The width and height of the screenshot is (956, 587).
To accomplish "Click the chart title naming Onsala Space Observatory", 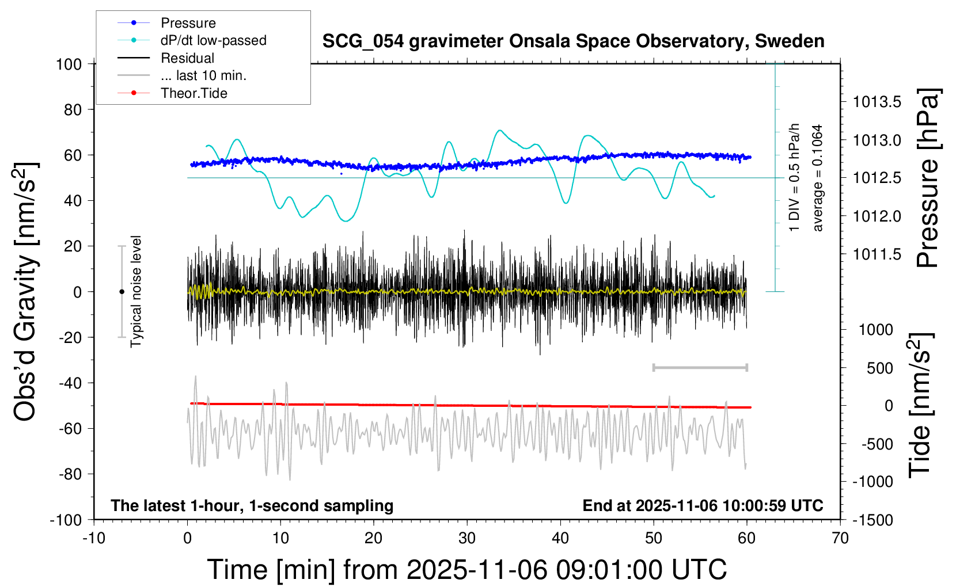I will (x=573, y=41).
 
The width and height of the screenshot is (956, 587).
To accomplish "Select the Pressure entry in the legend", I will (x=188, y=23).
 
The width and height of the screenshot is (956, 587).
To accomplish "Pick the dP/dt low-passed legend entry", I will (x=213, y=40).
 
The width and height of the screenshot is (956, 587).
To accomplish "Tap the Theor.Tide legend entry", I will (x=194, y=93).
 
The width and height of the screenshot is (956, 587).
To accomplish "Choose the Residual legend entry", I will (x=187, y=58).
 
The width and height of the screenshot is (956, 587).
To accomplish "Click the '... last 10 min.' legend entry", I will (x=203, y=75).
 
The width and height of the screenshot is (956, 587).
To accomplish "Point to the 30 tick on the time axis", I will (x=467, y=539).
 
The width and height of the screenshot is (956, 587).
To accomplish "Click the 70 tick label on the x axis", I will (x=840, y=539).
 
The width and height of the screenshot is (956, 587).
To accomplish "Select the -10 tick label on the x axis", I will (x=94, y=539).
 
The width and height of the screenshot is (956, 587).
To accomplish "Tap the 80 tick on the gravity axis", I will (x=73, y=109).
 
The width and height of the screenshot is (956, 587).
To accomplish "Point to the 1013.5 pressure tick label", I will (x=877, y=102).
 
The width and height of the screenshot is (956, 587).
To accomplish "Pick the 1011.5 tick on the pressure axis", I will (x=877, y=254).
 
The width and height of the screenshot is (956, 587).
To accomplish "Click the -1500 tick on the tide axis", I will (x=873, y=520).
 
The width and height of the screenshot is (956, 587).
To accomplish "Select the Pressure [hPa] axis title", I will (x=928, y=178).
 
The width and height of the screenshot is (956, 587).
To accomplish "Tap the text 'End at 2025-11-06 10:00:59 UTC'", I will (x=703, y=506).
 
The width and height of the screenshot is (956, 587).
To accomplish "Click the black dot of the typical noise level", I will (x=122, y=292).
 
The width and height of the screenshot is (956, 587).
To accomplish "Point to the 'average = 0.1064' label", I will (x=818, y=178).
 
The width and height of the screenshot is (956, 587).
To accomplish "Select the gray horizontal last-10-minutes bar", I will (x=700, y=367).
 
